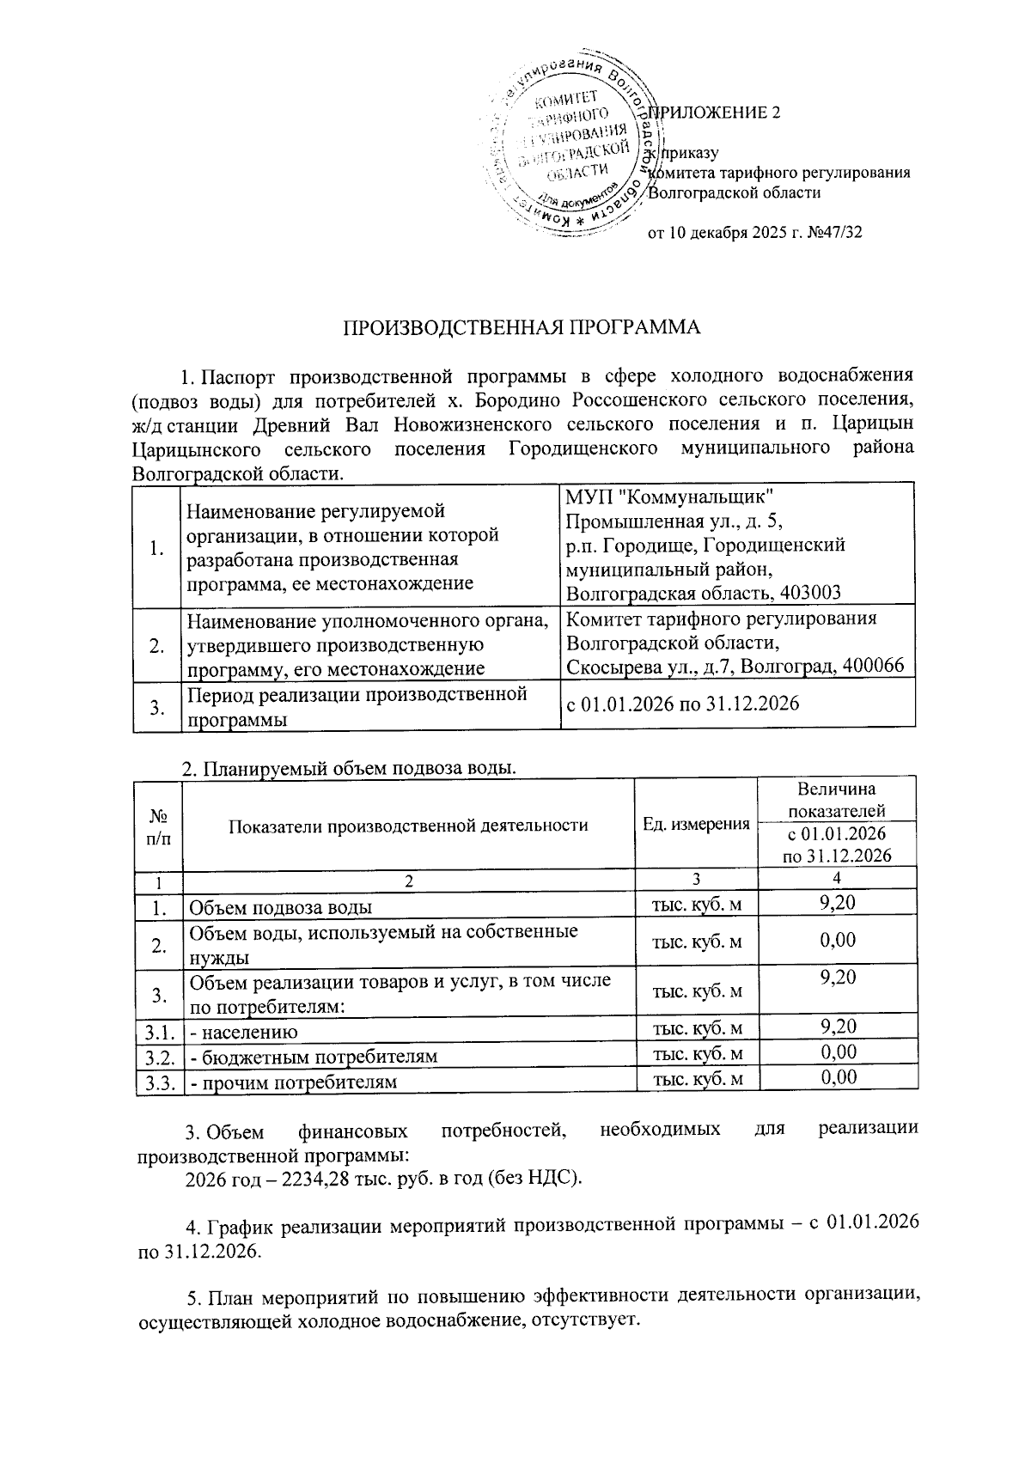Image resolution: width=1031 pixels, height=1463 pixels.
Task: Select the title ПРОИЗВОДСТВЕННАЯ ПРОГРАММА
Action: pos(522,327)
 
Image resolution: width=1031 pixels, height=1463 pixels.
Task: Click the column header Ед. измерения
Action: pos(696,824)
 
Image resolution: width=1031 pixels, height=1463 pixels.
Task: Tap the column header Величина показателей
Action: pos(837,799)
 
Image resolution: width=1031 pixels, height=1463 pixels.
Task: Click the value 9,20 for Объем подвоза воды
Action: pos(837,902)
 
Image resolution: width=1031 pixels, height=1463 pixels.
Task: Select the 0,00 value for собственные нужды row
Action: pos(837,940)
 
